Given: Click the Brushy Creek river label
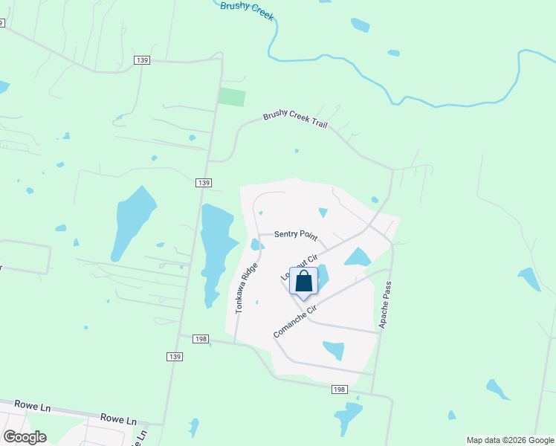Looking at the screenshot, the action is click(248, 10).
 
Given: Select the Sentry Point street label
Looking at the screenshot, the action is click(296, 235).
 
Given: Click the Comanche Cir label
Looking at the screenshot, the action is click(295, 320).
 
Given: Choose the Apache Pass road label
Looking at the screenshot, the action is click(384, 306).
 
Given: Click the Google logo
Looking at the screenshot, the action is click(25, 436).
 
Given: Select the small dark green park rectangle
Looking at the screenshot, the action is click(230, 97).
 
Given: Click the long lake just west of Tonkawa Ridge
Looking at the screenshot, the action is click(217, 249).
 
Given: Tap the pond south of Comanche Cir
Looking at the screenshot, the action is click(334, 349).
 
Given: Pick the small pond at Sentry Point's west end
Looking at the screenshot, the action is click(256, 245).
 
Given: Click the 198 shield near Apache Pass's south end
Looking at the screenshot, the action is click(340, 390).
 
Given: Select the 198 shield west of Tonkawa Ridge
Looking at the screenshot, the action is click(201, 339).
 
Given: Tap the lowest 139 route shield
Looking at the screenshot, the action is click(174, 357).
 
